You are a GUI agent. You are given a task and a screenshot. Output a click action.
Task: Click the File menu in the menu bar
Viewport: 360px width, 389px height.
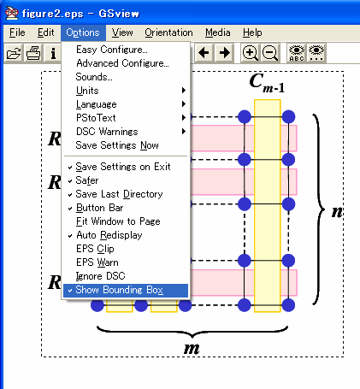(x=17, y=32)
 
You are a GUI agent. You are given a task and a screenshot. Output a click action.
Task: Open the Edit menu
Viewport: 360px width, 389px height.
(x=46, y=32)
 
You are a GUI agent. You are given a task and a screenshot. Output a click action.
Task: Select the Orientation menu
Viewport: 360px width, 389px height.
(x=168, y=32)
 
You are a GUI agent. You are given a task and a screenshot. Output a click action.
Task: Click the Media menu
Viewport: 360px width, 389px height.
(x=218, y=32)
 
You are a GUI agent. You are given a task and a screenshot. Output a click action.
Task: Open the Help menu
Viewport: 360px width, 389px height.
(x=252, y=32)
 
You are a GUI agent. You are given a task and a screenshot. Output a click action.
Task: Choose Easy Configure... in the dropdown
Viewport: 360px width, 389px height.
(x=111, y=50)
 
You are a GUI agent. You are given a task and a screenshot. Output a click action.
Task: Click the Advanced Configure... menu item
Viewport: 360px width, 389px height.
(x=121, y=63)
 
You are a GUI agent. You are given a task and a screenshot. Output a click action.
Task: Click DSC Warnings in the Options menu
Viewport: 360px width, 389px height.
(x=107, y=132)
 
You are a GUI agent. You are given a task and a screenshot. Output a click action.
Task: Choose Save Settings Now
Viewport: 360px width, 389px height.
(x=116, y=145)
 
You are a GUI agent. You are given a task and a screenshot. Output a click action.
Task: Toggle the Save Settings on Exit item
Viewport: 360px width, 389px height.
(x=122, y=167)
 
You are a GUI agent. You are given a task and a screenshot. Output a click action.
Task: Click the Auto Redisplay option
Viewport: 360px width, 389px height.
(x=109, y=235)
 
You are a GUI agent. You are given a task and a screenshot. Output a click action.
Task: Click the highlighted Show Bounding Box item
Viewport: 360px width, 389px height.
(x=119, y=291)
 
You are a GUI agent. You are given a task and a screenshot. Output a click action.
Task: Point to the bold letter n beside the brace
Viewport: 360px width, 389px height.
(x=337, y=211)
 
